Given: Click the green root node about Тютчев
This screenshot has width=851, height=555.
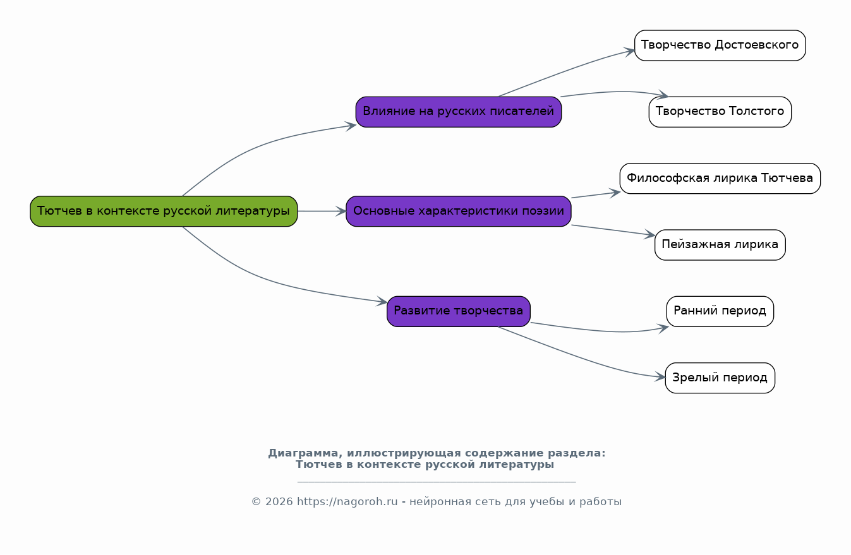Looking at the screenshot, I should pyautogui.click(x=164, y=212).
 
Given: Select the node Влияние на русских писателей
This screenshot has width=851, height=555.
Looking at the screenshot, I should pyautogui.click(x=458, y=112).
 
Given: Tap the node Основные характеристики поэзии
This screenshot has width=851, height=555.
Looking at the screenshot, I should pyautogui.click(x=458, y=212).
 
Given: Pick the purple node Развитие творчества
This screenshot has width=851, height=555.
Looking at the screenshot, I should pyautogui.click(x=458, y=311).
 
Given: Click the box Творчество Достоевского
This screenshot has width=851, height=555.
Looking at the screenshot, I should pyautogui.click(x=720, y=45).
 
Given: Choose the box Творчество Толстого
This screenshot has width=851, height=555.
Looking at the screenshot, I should pyautogui.click(x=720, y=112).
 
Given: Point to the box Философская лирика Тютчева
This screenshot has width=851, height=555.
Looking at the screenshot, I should pyautogui.click(x=720, y=179).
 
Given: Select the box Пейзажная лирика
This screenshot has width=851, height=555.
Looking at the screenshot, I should pyautogui.click(x=720, y=245).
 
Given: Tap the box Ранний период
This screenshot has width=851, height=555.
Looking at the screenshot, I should pyautogui.click(x=720, y=311).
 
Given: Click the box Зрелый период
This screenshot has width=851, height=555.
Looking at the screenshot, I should pyautogui.click(x=720, y=378).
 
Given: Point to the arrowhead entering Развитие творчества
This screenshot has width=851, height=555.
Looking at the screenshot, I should pyautogui.click(x=382, y=302).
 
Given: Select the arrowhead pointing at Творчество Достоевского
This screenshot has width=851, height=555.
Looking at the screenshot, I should pyautogui.click(x=630, y=51).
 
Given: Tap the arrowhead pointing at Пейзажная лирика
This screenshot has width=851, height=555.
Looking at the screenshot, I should pyautogui.click(x=649, y=236).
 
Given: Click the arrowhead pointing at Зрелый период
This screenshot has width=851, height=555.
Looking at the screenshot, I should pyautogui.click(x=660, y=377).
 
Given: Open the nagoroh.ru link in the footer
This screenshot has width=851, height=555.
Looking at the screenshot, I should pyautogui.click(x=347, y=502).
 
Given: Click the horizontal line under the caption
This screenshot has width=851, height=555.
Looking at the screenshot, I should pyautogui.click(x=436, y=482).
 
